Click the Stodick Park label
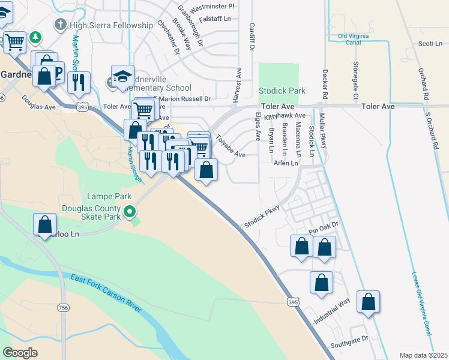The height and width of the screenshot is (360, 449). [x=282, y=91]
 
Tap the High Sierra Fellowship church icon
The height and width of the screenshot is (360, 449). [x=59, y=25]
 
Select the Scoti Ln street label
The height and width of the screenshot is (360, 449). [x=430, y=43]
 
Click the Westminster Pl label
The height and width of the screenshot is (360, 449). [x=212, y=7]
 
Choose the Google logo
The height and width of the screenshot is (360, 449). [x=20, y=353]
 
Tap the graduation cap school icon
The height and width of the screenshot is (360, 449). [x=122, y=77]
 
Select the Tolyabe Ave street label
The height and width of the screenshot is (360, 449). [x=231, y=145]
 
